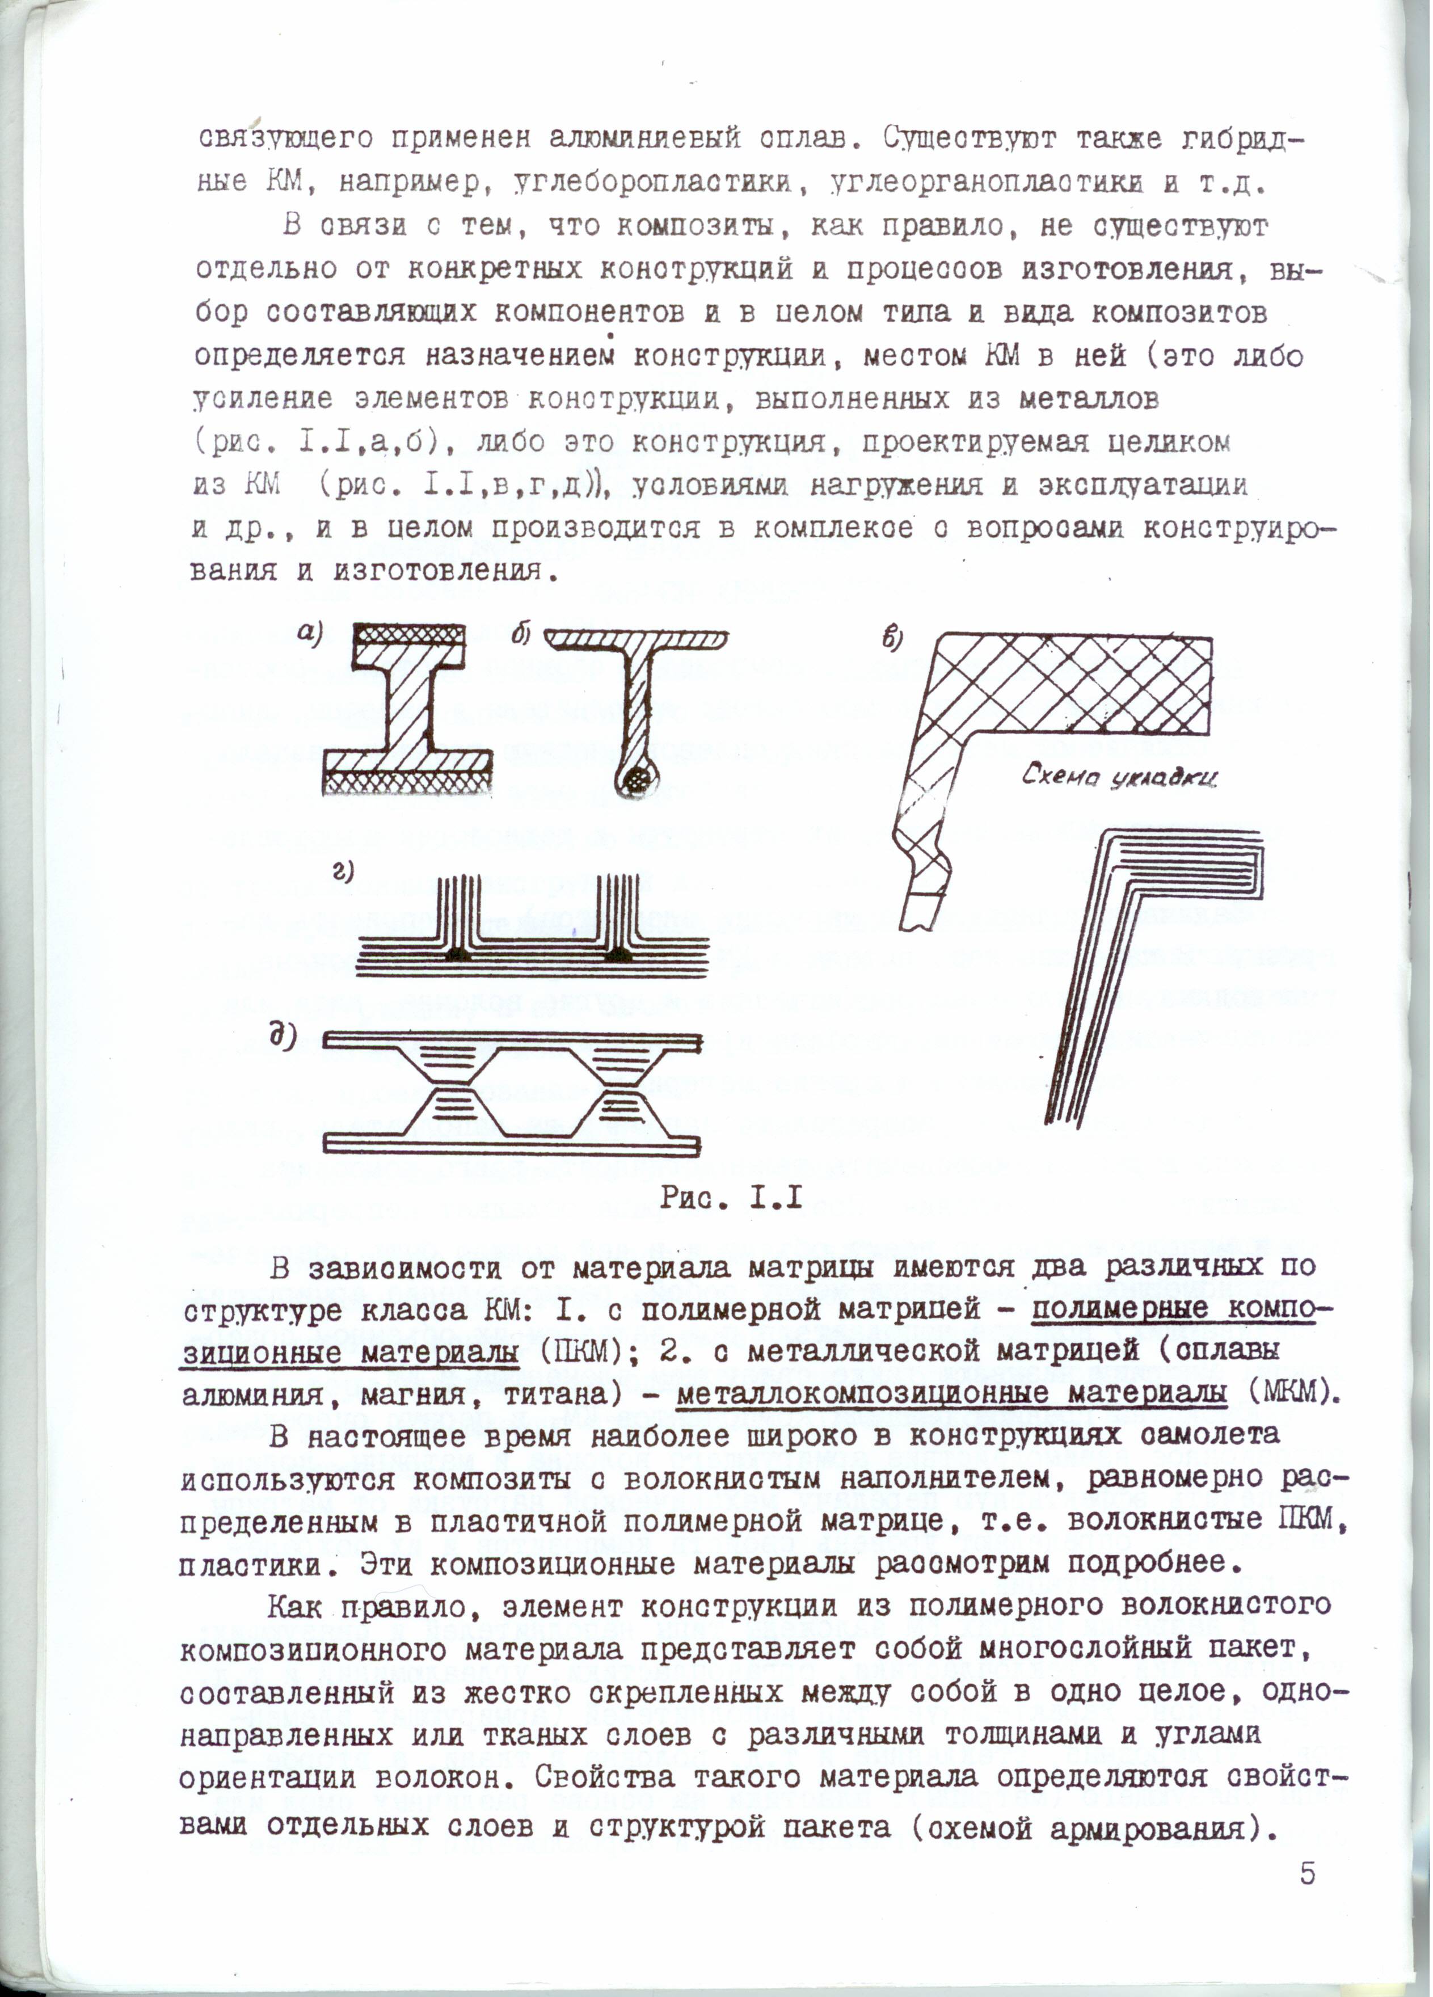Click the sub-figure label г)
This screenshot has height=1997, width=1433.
[x=343, y=872]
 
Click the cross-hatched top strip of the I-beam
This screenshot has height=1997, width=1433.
[x=408, y=633]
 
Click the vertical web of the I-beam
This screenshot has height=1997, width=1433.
[x=408, y=705]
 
